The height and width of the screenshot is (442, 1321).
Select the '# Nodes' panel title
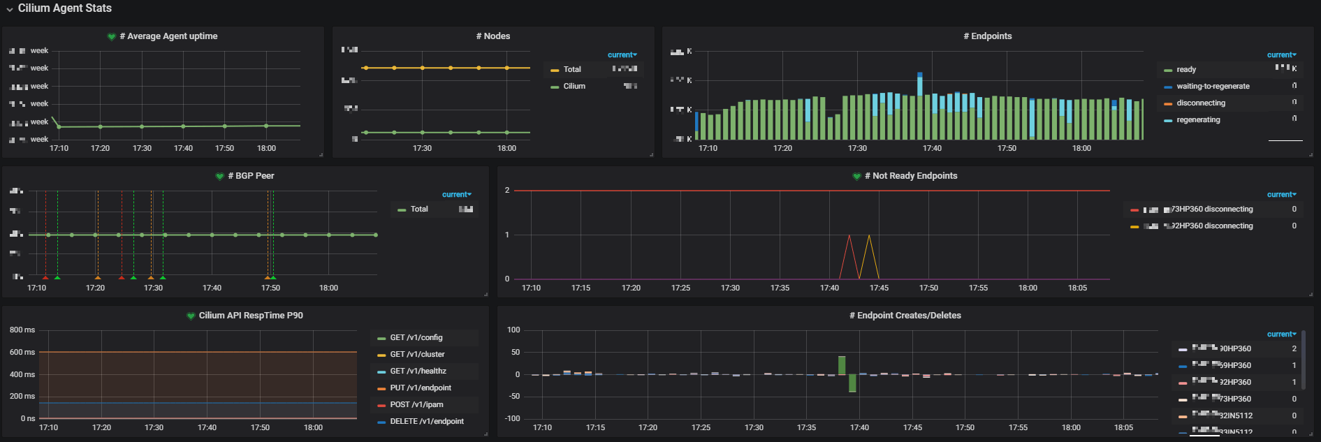pyautogui.click(x=493, y=36)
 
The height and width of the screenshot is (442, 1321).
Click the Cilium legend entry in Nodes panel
pyautogui.click(x=574, y=87)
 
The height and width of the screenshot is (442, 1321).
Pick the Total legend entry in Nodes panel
pyautogui.click(x=572, y=70)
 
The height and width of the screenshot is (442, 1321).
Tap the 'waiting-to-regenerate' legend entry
pyautogui.click(x=1213, y=87)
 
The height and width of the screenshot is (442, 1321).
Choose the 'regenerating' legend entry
pyautogui.click(x=1198, y=120)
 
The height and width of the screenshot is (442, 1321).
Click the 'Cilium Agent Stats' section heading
pyautogui.click(x=64, y=8)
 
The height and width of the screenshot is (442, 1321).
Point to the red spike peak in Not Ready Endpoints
pyautogui.click(x=849, y=235)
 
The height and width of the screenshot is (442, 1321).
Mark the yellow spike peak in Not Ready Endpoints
pyautogui.click(x=869, y=235)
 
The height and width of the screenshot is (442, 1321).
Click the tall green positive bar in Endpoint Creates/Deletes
pyautogui.click(x=842, y=364)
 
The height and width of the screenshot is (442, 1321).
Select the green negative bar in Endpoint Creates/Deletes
pyautogui.click(x=852, y=383)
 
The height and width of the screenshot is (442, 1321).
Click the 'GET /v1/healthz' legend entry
pyautogui.click(x=418, y=371)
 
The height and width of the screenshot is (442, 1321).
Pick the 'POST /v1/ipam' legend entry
pyautogui.click(x=416, y=405)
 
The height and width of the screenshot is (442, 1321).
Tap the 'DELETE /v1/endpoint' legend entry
pyautogui.click(x=426, y=422)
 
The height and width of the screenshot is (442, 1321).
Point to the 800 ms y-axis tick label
pyautogui.click(x=22, y=330)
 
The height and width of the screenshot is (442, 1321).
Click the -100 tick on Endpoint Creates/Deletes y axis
pyautogui.click(x=513, y=418)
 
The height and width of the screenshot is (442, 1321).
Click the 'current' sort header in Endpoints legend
pyautogui.click(x=1281, y=55)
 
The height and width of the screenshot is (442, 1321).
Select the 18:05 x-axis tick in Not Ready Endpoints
pyautogui.click(x=1077, y=288)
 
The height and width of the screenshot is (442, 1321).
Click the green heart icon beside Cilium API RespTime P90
pyautogui.click(x=191, y=316)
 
